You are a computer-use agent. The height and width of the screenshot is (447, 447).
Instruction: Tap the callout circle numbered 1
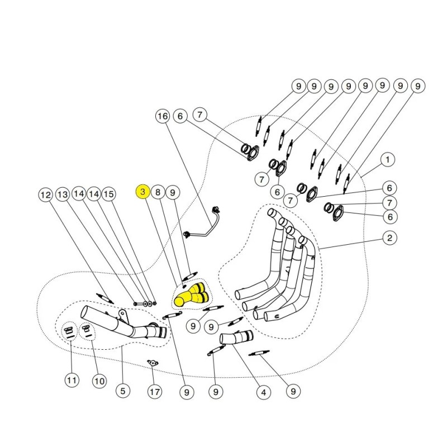[x=387, y=160]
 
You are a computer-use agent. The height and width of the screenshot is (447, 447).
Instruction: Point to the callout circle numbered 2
[x=390, y=239]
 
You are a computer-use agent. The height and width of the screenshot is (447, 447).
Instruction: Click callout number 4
[x=261, y=393]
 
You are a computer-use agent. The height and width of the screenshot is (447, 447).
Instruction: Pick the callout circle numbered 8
[x=158, y=192]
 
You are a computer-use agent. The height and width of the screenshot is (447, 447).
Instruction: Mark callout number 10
[x=98, y=382]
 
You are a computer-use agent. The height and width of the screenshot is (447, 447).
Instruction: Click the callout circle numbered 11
[x=72, y=381]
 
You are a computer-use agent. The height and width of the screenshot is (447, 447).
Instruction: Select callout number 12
[x=45, y=194]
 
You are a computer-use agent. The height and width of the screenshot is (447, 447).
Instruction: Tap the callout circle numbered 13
[x=63, y=194]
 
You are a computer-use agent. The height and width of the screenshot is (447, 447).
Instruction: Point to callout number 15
[x=109, y=194]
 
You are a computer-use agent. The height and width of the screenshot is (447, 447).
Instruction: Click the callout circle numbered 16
[x=162, y=116]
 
